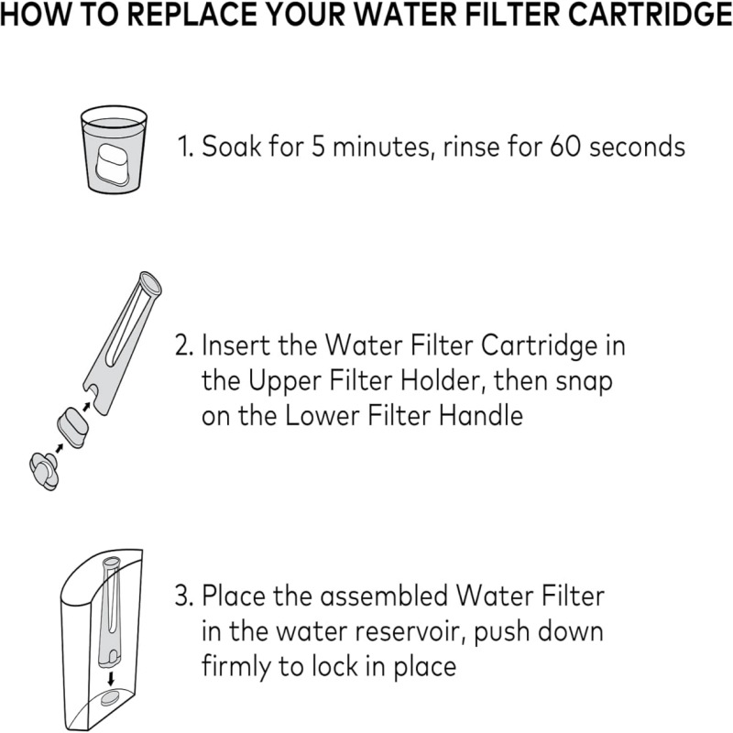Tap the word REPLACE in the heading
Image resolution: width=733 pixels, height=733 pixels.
point(192,15)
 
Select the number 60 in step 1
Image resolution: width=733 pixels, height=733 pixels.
point(564,147)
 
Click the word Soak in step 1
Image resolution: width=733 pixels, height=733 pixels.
point(232,147)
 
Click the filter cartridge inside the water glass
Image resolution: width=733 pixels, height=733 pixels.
point(114,166)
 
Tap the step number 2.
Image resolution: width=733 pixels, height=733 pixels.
point(184,346)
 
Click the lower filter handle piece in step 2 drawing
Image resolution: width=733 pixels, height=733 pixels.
point(44,471)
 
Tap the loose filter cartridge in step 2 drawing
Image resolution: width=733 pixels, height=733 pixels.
point(72,428)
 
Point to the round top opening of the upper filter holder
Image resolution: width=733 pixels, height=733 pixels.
point(150,284)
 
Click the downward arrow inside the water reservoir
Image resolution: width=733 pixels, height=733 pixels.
point(111,679)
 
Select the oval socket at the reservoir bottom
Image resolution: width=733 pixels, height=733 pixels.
point(112,699)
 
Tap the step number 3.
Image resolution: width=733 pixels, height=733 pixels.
point(184,597)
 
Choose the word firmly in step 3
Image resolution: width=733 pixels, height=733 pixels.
point(237,667)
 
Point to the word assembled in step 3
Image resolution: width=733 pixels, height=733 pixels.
point(384,597)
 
